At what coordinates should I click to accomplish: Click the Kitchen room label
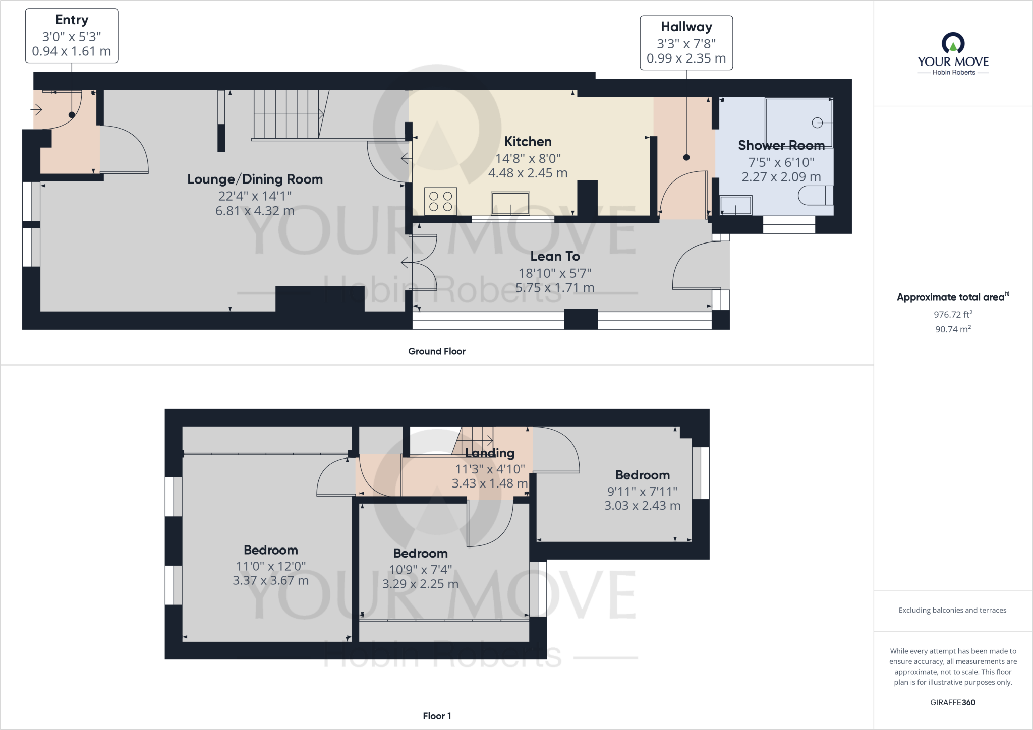coord(528,141)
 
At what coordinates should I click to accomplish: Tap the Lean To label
coord(555,256)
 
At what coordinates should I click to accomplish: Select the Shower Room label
coord(781,145)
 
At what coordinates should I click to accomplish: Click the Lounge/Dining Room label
coord(255,179)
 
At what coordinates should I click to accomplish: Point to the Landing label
coord(489,453)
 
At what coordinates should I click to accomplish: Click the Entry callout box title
coord(72,20)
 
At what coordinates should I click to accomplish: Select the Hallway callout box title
coord(686,27)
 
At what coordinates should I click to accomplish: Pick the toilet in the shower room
coord(816,196)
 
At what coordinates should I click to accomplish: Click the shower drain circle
coord(817,123)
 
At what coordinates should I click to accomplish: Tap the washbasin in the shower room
coord(735,205)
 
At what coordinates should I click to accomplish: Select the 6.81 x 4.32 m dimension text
coord(255,211)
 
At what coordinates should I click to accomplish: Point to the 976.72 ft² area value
coord(953,314)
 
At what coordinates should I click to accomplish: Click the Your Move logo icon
coord(953,43)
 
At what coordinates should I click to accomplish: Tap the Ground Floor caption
coord(437,351)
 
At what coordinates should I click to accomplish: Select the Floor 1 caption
coord(437,716)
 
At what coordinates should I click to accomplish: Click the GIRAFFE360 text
coord(953,702)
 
